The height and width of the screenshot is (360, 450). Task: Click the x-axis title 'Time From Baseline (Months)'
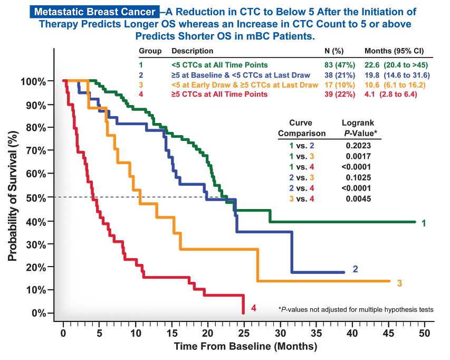245,347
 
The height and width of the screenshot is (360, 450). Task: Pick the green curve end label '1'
423,223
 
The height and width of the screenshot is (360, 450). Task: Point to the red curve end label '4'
254,308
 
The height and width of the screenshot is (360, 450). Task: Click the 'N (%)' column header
334,51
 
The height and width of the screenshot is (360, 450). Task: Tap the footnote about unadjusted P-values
355,309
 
